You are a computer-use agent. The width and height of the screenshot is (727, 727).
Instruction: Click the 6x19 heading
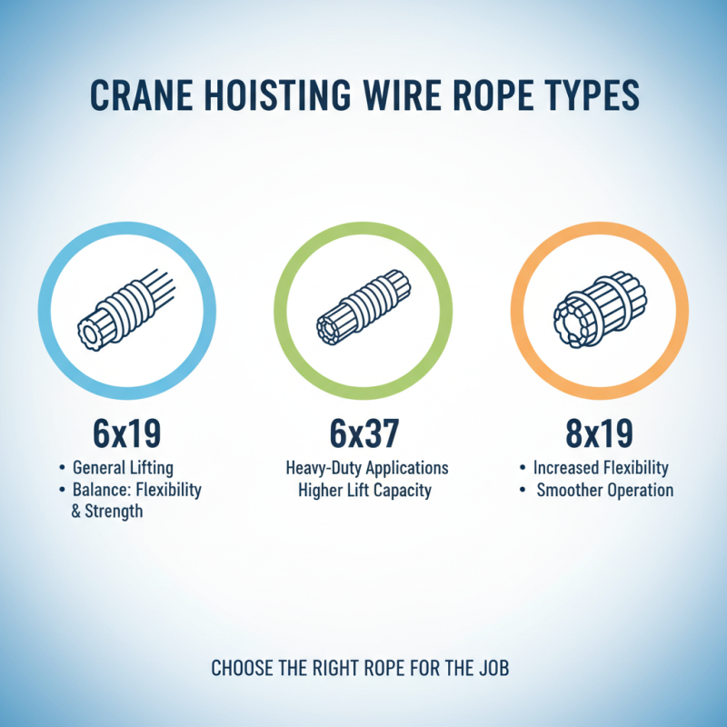tap(126, 433)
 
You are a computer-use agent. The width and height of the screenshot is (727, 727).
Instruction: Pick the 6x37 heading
tap(363, 433)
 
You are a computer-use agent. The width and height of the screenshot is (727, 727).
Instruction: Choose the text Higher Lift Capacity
tap(363, 490)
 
